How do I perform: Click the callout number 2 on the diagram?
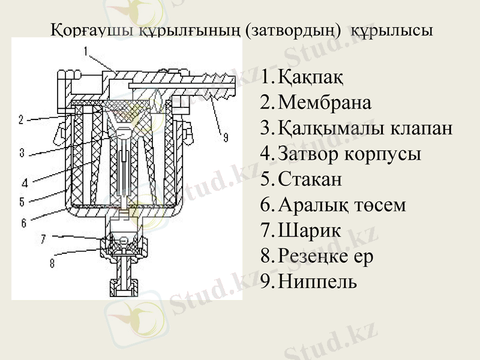tap(21, 120)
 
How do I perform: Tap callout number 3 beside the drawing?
tap(22, 153)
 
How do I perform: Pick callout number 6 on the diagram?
tap(23, 223)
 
